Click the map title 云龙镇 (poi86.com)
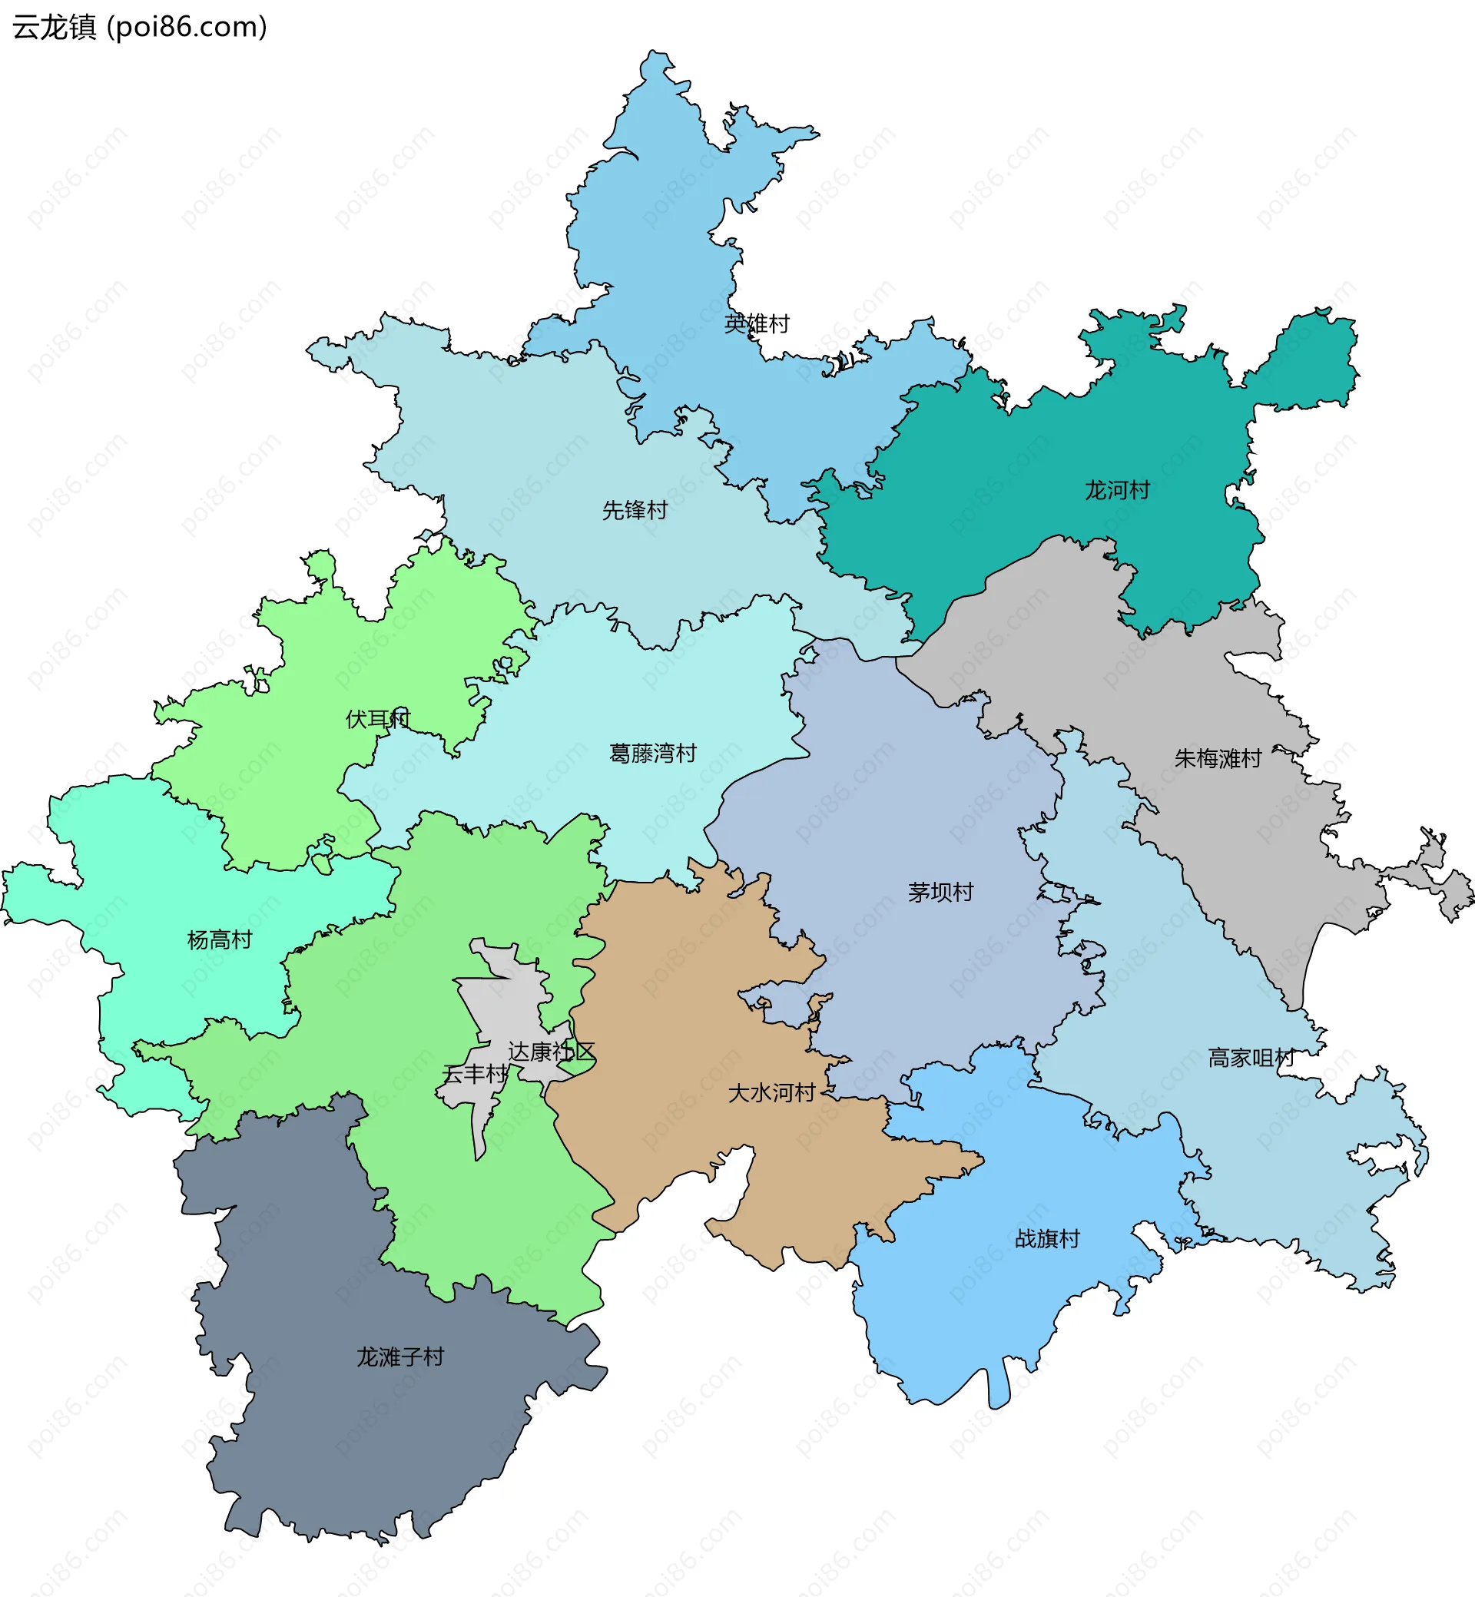tap(140, 27)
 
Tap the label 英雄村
tap(756, 324)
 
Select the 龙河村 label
tap(1117, 490)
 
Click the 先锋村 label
tap(635, 510)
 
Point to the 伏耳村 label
tap(377, 719)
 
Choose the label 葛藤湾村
tap(652, 754)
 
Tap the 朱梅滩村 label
tap(1217, 758)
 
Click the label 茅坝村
tap(940, 893)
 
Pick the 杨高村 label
tap(220, 940)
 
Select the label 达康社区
tap(552, 1052)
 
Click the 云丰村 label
tap(475, 1074)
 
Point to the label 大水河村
tap(771, 1092)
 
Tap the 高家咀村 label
tap(1251, 1059)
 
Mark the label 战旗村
tap(1047, 1238)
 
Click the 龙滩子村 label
tap(400, 1357)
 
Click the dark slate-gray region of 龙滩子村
tap(335, 1436)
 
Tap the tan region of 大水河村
tap(678, 998)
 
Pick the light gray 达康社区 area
tap(511, 998)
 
